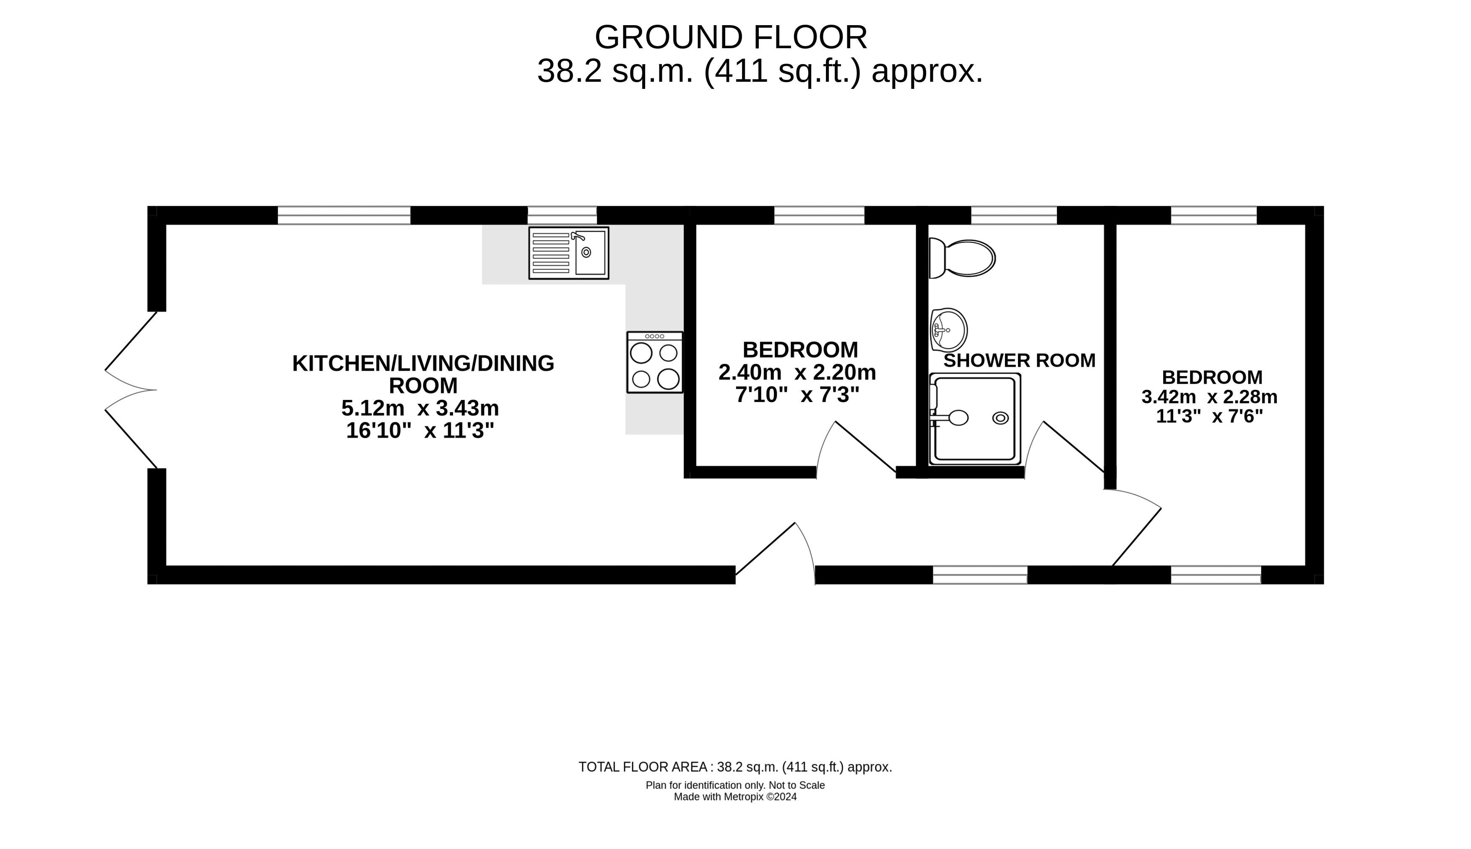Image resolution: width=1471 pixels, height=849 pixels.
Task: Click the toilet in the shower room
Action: point(962,258)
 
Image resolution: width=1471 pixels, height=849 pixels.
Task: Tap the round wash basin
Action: point(948,330)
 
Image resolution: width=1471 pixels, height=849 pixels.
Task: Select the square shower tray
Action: point(975,419)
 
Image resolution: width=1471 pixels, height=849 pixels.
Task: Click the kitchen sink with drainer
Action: point(569,253)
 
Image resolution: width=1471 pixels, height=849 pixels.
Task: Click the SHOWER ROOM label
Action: point(1020,361)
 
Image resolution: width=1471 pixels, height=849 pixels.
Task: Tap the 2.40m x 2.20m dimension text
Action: point(797,372)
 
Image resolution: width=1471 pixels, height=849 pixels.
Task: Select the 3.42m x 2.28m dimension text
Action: point(1210,397)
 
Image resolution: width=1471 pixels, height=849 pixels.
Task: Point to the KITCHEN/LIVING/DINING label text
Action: point(423,363)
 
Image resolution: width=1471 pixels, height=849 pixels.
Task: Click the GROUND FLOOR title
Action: point(731,37)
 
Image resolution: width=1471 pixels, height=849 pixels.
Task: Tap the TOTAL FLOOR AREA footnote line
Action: point(735,767)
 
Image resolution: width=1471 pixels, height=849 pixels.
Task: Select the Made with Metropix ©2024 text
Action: point(735,797)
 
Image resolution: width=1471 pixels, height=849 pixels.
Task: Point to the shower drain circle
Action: point(1000,418)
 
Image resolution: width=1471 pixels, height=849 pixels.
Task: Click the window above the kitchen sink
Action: point(562,215)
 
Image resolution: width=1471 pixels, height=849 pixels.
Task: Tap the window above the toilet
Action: point(1014,215)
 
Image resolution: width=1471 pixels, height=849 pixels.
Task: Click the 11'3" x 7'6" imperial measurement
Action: point(1210,416)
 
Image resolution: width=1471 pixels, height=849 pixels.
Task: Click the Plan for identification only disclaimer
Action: point(735,785)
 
